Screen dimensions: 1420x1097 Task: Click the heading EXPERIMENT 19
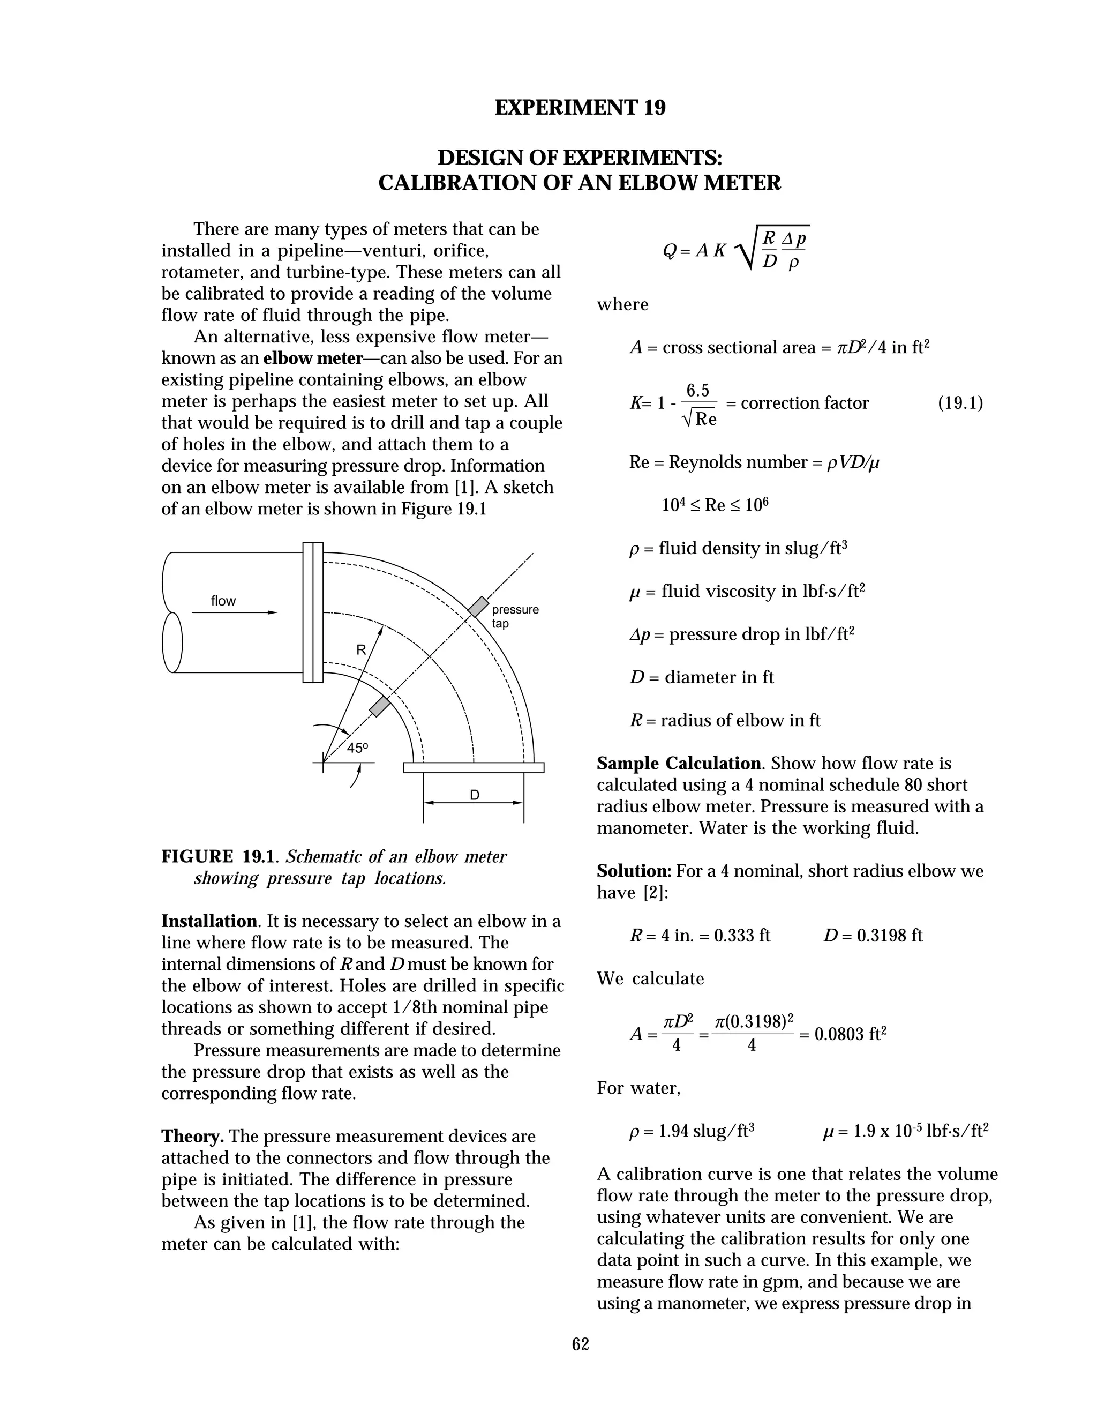click(x=580, y=108)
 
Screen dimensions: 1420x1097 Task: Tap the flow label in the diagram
click(x=223, y=601)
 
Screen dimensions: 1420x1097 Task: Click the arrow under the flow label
click(x=234, y=612)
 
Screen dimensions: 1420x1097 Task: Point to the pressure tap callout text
click(x=515, y=616)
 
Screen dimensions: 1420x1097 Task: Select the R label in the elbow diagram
click(x=362, y=649)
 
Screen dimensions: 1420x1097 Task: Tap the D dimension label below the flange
click(x=475, y=795)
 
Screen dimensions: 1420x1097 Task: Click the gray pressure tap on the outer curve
click(x=478, y=607)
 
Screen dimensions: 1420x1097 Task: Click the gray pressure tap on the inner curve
click(x=380, y=707)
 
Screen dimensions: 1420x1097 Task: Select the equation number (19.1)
click(x=960, y=403)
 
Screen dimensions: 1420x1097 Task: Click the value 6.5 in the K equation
click(x=698, y=391)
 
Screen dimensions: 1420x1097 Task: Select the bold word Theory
click(x=192, y=1137)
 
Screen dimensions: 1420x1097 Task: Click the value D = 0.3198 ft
click(x=873, y=936)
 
